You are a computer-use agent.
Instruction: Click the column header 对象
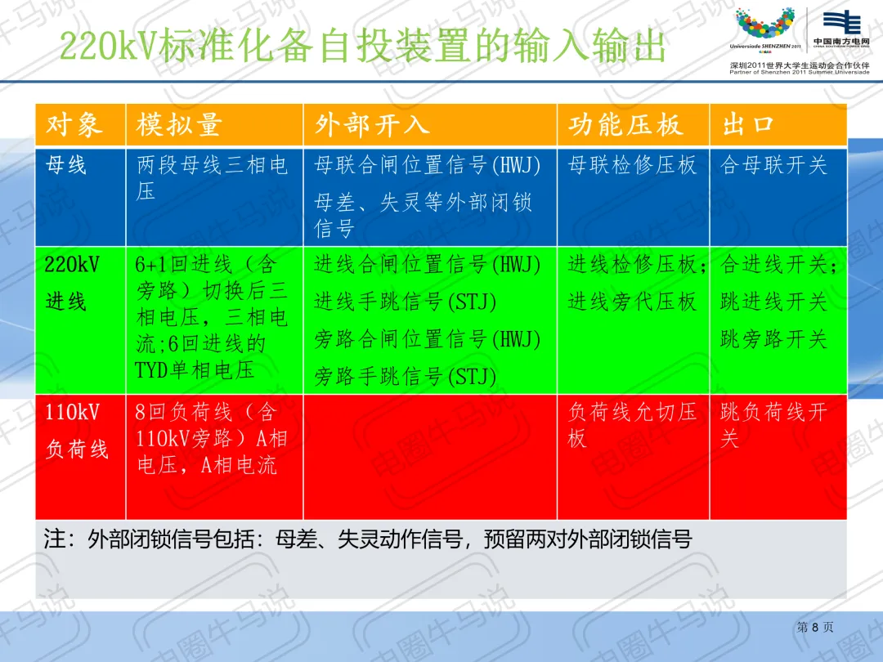point(74,124)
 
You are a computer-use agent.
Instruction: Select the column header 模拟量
point(179,124)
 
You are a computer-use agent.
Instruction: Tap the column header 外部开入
point(372,124)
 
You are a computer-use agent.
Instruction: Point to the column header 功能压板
point(625,124)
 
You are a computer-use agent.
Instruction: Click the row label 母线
point(66,165)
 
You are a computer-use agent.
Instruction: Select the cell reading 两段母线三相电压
point(213,177)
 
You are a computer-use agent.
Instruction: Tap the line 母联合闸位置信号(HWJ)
point(428,165)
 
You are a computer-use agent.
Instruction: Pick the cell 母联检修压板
point(632,165)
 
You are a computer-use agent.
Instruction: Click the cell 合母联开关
point(773,165)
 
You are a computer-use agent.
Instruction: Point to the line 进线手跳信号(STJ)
point(405,302)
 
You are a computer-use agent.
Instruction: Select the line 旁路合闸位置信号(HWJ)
point(428,339)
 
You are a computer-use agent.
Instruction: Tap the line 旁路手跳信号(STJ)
point(405,377)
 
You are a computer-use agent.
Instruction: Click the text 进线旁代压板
point(632,302)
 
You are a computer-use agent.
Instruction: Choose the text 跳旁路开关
point(773,339)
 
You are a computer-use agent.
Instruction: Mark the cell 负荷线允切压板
point(632,425)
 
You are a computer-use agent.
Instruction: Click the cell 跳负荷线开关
point(773,425)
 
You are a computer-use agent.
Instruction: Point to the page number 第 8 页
point(815,627)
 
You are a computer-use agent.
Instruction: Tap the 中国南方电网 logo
point(842,28)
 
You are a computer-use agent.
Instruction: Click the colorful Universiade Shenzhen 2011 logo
point(765,28)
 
